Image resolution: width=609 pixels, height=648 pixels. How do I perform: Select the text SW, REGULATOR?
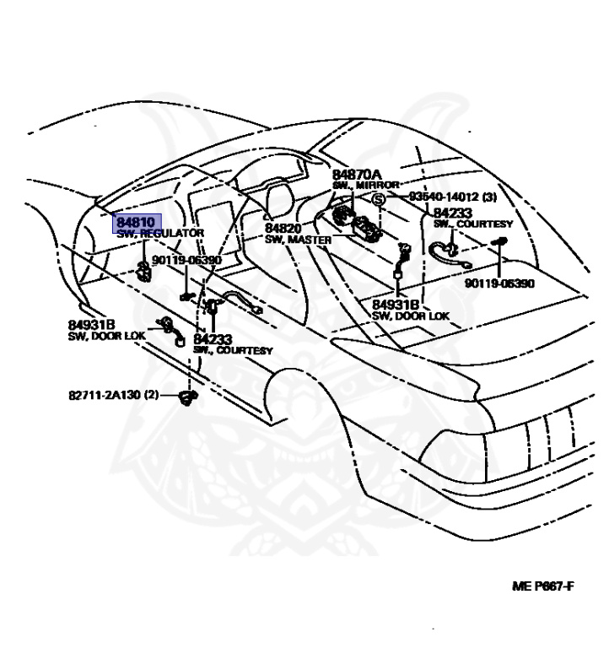click(x=160, y=233)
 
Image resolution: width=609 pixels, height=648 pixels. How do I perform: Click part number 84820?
click(x=283, y=229)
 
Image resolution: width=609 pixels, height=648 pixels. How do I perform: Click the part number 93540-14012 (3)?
click(x=453, y=196)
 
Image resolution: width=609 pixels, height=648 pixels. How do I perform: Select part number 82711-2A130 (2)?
click(x=114, y=394)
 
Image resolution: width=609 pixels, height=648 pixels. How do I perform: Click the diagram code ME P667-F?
click(x=542, y=586)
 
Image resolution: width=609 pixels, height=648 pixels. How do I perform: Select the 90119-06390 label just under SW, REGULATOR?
click(x=186, y=261)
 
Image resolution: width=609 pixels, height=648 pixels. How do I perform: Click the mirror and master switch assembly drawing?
click(x=355, y=222)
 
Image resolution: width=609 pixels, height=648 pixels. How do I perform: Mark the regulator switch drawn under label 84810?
click(x=143, y=271)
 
